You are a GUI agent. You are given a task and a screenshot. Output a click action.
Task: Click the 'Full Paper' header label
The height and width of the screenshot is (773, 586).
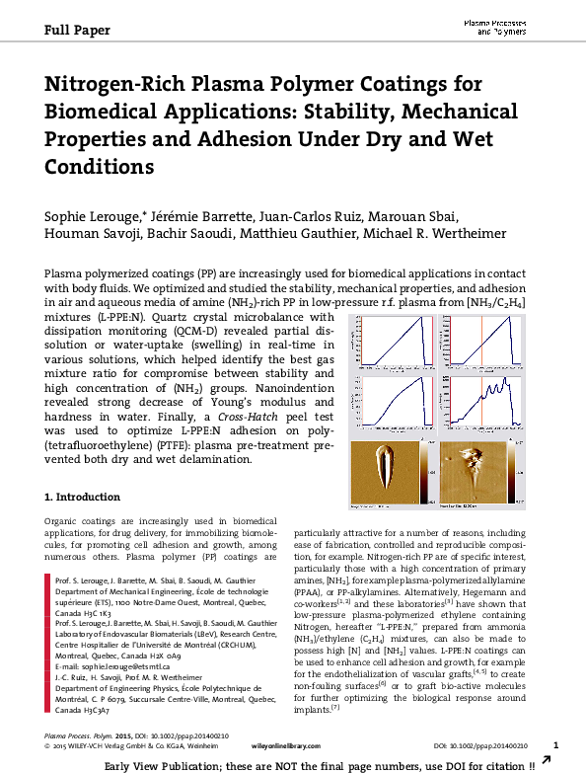(76, 30)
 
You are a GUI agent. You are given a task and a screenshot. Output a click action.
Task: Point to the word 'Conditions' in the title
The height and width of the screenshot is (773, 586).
(100, 166)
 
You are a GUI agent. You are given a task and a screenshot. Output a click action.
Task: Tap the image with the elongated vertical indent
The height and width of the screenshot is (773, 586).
(392, 470)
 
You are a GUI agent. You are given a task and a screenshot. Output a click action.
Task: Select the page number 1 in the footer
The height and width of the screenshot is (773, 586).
(555, 745)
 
